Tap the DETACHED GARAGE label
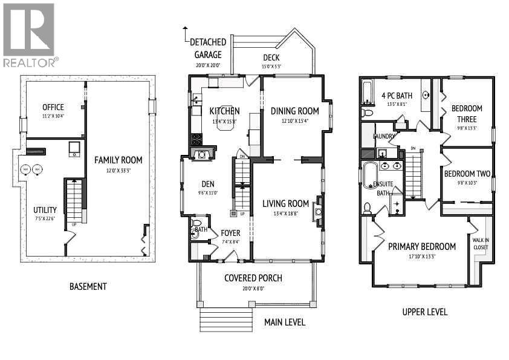208,48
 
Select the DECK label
271,58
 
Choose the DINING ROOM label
294,111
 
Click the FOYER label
230,233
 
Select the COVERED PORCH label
253,278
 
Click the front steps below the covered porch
226,320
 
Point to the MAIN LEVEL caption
284,322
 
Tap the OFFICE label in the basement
53,107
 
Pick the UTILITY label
45,210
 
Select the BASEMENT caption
88,286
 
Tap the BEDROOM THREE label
467,114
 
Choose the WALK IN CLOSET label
480,243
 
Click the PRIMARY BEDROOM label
421,246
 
